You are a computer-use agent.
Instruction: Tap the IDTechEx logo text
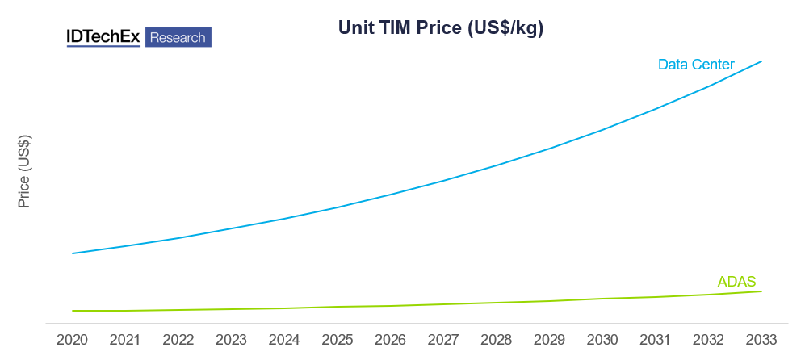pyautogui.click(x=104, y=37)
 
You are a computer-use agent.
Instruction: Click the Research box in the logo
pyautogui.click(x=178, y=37)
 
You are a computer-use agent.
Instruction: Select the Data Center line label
pyautogui.click(x=696, y=64)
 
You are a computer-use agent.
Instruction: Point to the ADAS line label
pyautogui.click(x=736, y=282)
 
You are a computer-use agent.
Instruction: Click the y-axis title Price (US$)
pyautogui.click(x=24, y=170)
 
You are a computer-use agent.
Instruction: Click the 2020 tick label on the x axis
pyautogui.click(x=73, y=340)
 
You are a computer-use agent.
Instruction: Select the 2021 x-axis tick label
pyautogui.click(x=125, y=340)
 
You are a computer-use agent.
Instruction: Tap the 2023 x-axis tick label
pyautogui.click(x=232, y=340)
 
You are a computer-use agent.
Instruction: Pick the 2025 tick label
pyautogui.click(x=338, y=340)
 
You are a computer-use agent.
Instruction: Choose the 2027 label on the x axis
pyautogui.click(x=444, y=340)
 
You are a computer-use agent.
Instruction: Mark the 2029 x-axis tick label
pyautogui.click(x=550, y=340)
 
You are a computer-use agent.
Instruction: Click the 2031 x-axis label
pyautogui.click(x=656, y=340)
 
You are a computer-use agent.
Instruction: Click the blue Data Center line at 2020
pyautogui.click(x=73, y=253)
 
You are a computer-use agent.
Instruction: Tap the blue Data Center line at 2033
pyautogui.click(x=761, y=61)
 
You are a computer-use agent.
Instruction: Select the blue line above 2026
pyautogui.click(x=391, y=194)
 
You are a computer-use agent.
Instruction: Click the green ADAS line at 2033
pyautogui.click(x=761, y=291)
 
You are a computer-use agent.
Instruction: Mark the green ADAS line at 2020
pyautogui.click(x=73, y=311)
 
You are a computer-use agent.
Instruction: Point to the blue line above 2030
pyautogui.click(x=603, y=129)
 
